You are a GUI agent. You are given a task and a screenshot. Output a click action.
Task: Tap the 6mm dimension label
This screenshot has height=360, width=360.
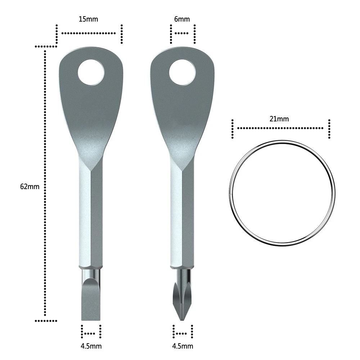click(x=181, y=19)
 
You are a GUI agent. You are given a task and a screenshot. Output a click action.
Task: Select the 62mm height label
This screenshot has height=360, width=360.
click(x=30, y=186)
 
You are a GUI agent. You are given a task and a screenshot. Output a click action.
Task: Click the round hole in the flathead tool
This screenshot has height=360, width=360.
click(x=91, y=72)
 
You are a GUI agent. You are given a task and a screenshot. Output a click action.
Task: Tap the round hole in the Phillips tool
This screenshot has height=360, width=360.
click(x=182, y=72)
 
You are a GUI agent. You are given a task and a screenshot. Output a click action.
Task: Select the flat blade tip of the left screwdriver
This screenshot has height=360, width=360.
click(x=90, y=302)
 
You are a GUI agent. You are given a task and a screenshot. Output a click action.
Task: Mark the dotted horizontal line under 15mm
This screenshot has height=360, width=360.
click(x=89, y=33)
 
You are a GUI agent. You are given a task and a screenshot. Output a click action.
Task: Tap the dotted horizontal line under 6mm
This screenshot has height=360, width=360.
click(x=182, y=33)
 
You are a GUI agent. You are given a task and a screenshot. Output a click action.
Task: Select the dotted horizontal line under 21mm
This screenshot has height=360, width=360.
click(x=280, y=128)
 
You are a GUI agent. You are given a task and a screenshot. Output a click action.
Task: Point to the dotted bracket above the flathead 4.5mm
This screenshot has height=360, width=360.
click(x=91, y=331)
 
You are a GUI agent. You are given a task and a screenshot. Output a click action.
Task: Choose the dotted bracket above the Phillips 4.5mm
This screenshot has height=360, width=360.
click(x=183, y=331)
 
